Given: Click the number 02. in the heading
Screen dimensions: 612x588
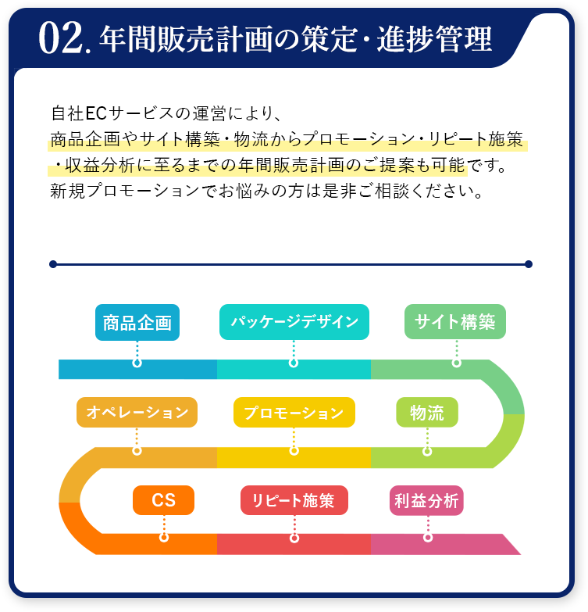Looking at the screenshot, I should pos(66,39).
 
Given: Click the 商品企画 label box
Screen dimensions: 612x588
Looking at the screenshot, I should pos(137,323).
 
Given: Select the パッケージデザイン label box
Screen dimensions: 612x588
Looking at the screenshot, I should pos(294,322).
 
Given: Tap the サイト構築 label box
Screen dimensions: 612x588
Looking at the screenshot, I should pos(455,322).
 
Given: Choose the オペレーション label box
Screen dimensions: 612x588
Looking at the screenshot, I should pos(137,412).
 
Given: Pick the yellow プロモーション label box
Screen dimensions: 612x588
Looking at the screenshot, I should pos(294,413).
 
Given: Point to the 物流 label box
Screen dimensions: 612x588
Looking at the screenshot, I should pos(426,412).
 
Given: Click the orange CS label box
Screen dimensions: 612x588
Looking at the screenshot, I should pos(163,500).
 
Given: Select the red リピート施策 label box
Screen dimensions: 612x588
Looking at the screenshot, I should pos(294,500).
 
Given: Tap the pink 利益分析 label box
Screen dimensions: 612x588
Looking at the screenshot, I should pos(426,501).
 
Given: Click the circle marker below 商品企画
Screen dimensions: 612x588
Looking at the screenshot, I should pos(137,363).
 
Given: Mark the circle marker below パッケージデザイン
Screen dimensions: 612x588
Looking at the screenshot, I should pos(294,363).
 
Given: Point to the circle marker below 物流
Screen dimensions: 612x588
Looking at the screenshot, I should pos(427,451).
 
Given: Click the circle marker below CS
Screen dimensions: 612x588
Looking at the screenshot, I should pos(164,537).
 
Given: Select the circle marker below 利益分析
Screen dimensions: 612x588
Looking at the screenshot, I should pos(428,537).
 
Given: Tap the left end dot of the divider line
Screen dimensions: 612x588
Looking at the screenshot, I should pos(53,264).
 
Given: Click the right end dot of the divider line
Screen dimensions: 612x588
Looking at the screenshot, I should pos(529,264).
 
